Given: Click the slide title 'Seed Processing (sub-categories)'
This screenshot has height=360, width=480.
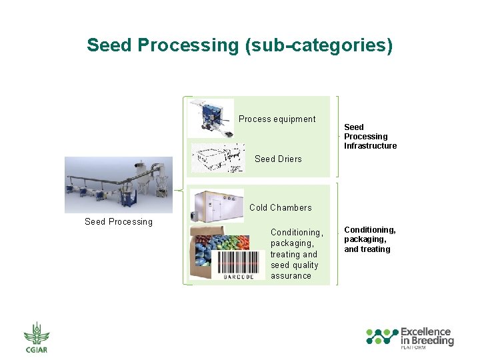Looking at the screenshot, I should tap(239, 45).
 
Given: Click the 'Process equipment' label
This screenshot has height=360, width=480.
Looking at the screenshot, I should tap(277, 119).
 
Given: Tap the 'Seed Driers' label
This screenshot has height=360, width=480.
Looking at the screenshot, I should tap(278, 159).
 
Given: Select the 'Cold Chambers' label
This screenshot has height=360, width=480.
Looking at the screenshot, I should tap(280, 207).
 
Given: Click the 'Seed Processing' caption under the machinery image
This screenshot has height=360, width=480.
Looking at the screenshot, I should tap(119, 221).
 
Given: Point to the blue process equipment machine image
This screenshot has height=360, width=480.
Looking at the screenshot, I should tap(211, 117).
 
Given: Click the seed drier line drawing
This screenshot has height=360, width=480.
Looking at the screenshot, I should tap(217, 158).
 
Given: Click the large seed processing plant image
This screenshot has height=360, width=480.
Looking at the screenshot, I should tap(118, 185).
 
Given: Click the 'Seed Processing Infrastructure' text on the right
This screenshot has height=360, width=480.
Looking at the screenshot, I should tap(370, 136).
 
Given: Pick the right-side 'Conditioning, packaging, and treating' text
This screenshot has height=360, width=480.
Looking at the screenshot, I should tap(369, 239).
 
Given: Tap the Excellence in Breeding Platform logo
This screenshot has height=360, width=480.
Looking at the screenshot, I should tap(409, 337).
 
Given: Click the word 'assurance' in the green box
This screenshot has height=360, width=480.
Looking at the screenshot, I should tap(291, 275).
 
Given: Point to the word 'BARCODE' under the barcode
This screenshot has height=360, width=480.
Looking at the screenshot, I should tap(238, 276).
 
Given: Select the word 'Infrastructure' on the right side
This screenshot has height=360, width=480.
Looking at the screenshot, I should tap(370, 146).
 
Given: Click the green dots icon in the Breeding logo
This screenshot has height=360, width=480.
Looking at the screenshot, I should tap(382, 337).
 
